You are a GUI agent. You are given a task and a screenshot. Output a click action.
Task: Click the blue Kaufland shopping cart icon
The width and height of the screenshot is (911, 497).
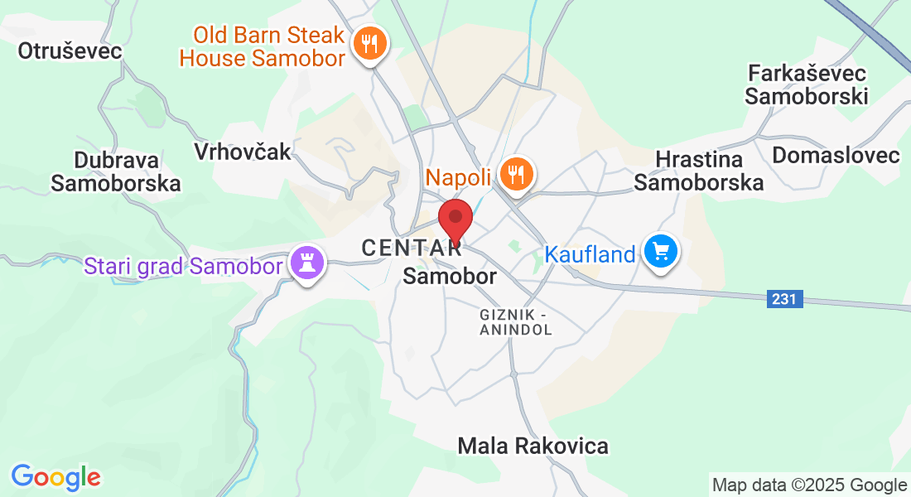coord(660,250)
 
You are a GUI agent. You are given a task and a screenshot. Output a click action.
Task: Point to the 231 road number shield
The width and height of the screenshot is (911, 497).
coord(784,299)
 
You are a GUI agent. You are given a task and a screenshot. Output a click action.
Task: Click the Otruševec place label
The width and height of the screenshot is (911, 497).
coord(70,51)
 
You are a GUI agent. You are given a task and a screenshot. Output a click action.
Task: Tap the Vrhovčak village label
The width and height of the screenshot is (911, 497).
coord(243,151)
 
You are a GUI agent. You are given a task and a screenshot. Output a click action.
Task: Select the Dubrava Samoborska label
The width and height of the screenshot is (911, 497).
coord(116,171)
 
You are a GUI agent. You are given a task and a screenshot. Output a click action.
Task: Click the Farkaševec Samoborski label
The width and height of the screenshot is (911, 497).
coord(806,84)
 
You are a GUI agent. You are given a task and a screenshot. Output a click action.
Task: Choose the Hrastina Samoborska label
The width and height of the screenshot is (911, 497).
coord(699,171)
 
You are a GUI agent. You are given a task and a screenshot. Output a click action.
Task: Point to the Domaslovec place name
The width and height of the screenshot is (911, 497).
coord(836,155)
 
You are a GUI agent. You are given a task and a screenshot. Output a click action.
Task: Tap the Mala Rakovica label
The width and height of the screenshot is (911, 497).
coord(533,446)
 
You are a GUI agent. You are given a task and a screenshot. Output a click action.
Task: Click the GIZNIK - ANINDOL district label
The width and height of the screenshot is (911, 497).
coord(515,321)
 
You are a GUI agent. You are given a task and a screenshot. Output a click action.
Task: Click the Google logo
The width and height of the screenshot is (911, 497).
coord(55,477)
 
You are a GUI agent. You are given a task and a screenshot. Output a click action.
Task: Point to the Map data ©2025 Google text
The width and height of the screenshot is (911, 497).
coord(809,485)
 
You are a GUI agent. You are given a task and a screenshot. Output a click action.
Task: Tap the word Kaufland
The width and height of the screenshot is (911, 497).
coord(590,254)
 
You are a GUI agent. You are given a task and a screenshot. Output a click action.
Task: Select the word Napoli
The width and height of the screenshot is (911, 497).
coord(459,176)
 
